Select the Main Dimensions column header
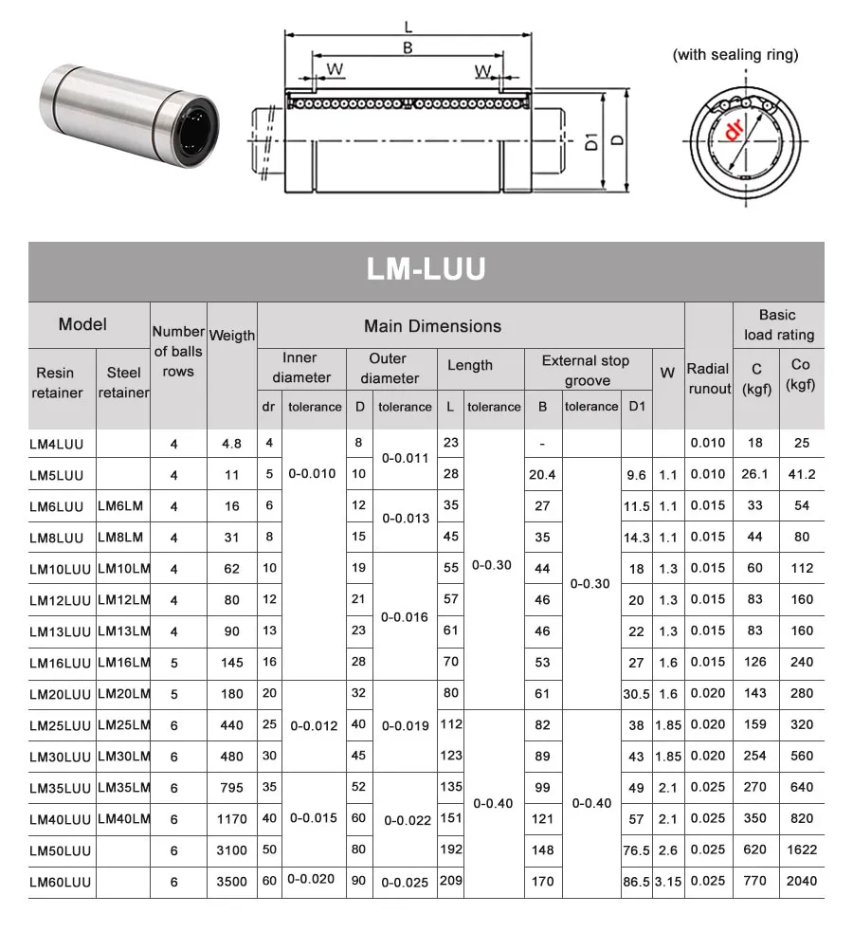(432, 326)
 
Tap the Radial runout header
(708, 378)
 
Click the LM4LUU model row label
(60, 443)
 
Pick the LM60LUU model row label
(60, 881)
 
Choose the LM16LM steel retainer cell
(124, 662)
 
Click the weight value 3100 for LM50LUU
(231, 850)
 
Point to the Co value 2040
(801, 881)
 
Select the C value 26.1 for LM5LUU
(754, 474)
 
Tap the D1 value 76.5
(636, 850)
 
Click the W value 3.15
(667, 881)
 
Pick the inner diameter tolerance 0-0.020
(311, 879)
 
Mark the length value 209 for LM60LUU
(450, 881)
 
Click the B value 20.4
(542, 474)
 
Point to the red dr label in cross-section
(734, 132)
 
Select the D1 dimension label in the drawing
(590, 142)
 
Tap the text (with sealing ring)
(735, 55)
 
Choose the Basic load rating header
(778, 324)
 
